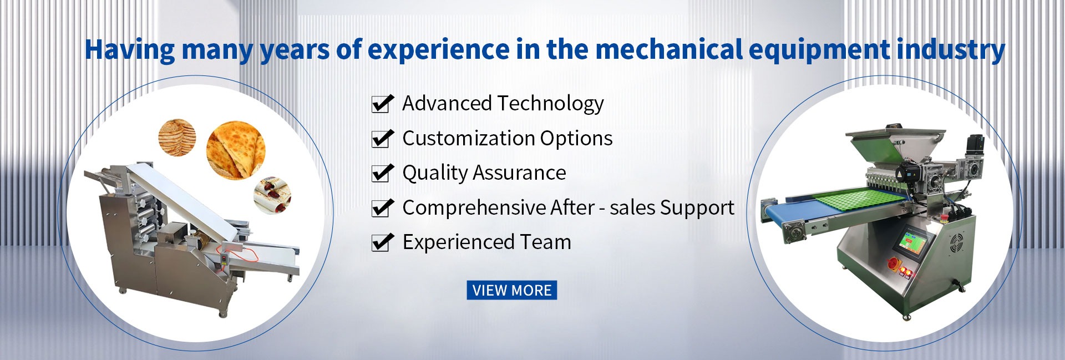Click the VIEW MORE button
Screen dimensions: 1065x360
pos(511,290)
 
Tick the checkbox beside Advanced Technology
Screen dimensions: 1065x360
pos(382,104)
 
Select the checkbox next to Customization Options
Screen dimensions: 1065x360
pos(382,139)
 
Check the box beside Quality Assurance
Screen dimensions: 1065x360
pos(382,173)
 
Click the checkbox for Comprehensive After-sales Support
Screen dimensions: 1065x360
pos(382,208)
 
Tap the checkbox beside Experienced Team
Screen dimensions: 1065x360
pos(382,242)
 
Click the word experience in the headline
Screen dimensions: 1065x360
pos(438,50)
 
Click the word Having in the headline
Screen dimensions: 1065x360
pos(130,50)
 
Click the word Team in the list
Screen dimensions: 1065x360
pos(545,242)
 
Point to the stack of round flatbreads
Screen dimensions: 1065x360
pos(177,137)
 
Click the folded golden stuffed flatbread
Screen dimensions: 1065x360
pos(236,150)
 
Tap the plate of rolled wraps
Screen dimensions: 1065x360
pos(272,195)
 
